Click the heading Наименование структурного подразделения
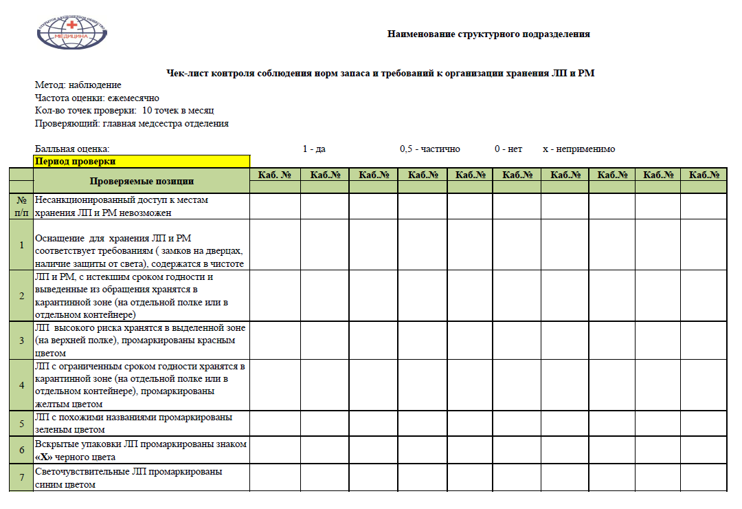point(488,34)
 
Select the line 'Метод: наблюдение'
point(78,85)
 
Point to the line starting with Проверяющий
point(131,124)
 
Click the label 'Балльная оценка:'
point(72,149)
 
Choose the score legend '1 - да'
point(314,149)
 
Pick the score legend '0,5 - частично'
point(429,149)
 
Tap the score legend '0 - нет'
point(508,149)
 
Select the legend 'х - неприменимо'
point(578,149)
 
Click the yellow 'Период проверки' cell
point(142,162)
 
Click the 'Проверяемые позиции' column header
point(142,181)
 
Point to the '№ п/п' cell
point(21,206)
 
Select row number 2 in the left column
point(21,296)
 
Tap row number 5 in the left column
point(21,423)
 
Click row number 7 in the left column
point(21,478)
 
